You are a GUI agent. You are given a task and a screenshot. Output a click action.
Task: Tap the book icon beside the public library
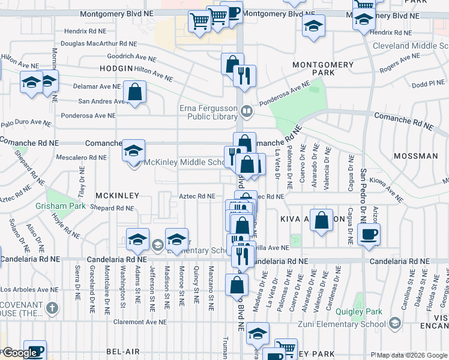click(x=246, y=111)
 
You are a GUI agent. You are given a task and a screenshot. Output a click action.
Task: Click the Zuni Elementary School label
click(x=341, y=324)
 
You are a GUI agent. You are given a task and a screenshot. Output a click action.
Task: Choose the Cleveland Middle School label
click(x=410, y=46)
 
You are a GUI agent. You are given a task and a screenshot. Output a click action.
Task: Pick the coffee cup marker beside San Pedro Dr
click(x=368, y=234)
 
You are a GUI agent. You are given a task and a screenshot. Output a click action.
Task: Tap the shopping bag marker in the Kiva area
click(x=322, y=220)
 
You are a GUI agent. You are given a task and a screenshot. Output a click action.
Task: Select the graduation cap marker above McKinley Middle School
click(x=134, y=150)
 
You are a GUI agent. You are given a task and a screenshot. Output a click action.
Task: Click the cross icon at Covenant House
click(x=53, y=308)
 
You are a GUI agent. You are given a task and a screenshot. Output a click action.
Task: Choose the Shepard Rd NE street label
click(x=112, y=208)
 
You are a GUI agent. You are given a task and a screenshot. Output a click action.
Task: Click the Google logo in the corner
click(x=20, y=353)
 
